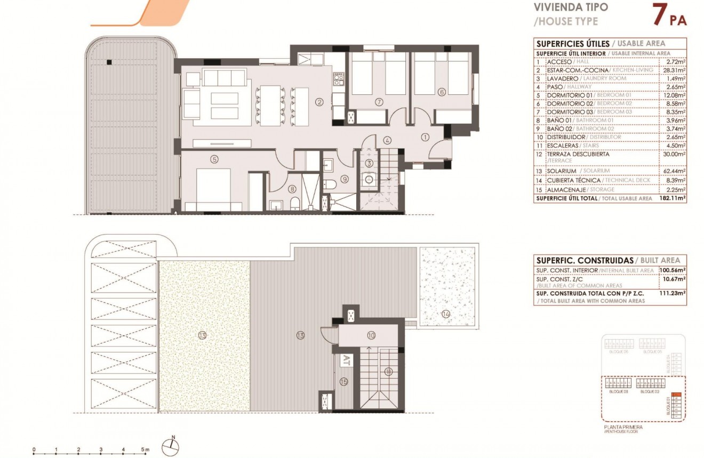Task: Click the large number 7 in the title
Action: tap(659, 15)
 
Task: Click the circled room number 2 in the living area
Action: tap(319, 101)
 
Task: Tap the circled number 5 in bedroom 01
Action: tap(214, 158)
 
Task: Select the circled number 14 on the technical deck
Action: tap(446, 314)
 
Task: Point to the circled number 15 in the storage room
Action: tap(344, 381)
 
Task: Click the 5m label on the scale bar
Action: tap(145, 449)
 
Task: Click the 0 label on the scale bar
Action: tap(34, 449)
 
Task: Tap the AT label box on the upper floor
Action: tap(345, 359)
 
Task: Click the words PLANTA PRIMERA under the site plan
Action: tap(623, 427)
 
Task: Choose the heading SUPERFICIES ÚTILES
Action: tap(572, 44)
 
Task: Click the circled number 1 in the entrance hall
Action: tap(425, 137)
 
